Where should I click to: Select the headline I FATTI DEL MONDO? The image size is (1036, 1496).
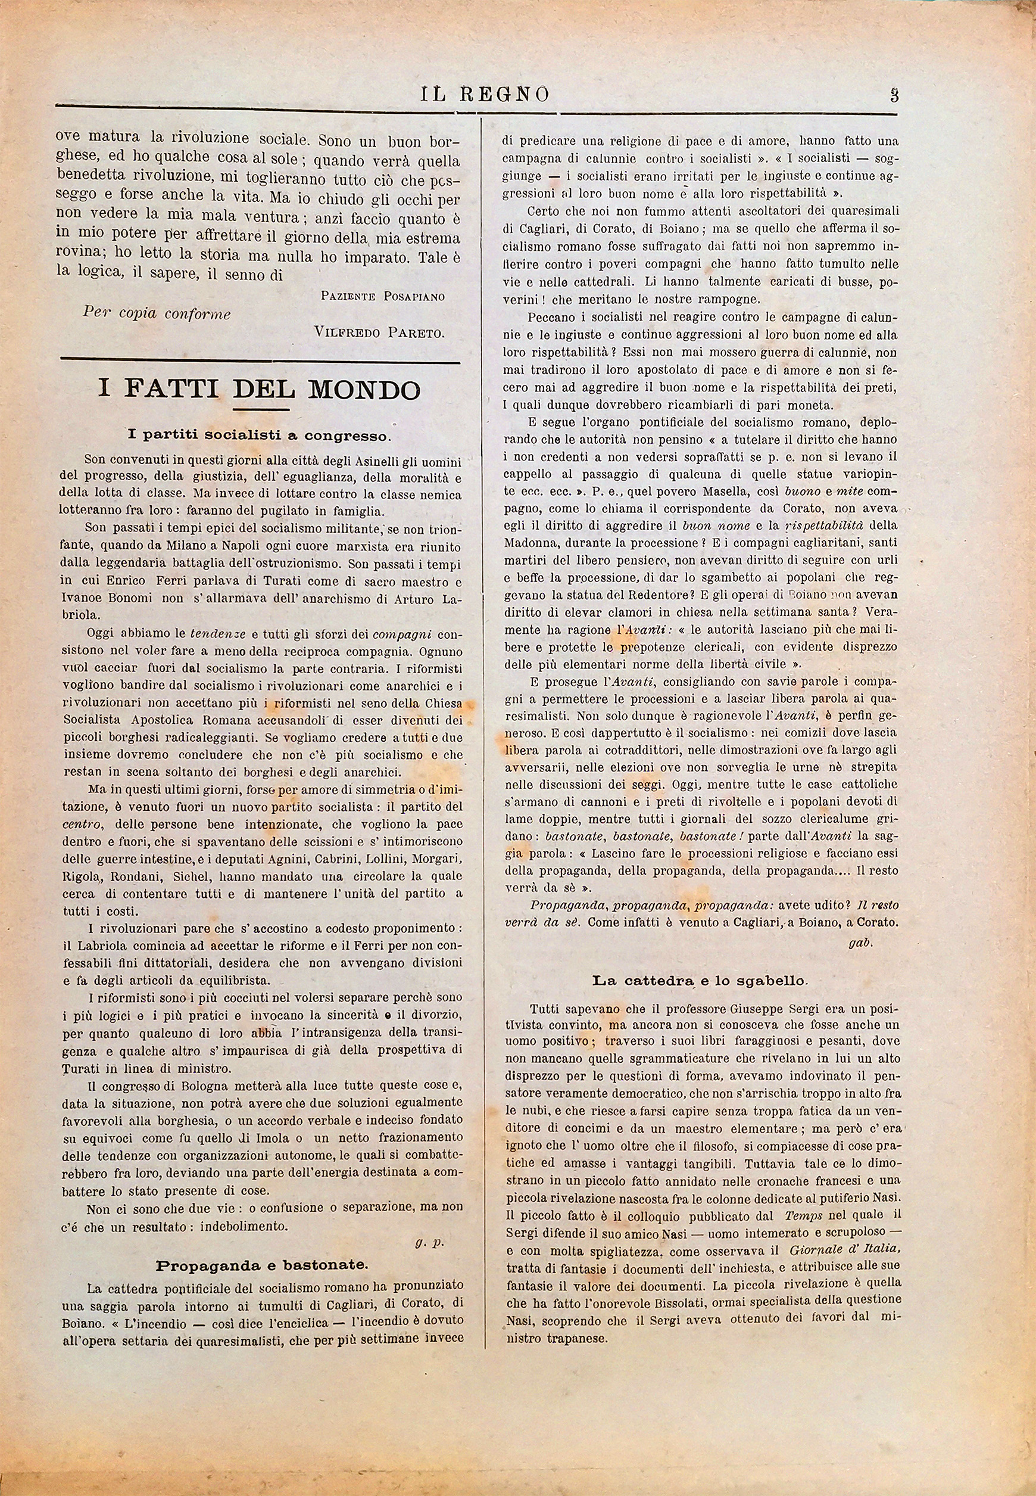pyautogui.click(x=260, y=389)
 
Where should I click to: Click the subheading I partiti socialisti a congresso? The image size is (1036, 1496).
pyautogui.click(x=260, y=434)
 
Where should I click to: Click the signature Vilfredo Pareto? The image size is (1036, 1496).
pyautogui.click(x=379, y=332)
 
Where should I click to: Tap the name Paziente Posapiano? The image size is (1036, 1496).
pyautogui.click(x=382, y=296)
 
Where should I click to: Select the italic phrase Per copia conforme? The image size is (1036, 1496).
pyautogui.click(x=157, y=313)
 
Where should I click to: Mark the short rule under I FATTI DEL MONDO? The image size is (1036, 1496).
pyautogui.click(x=260, y=409)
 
